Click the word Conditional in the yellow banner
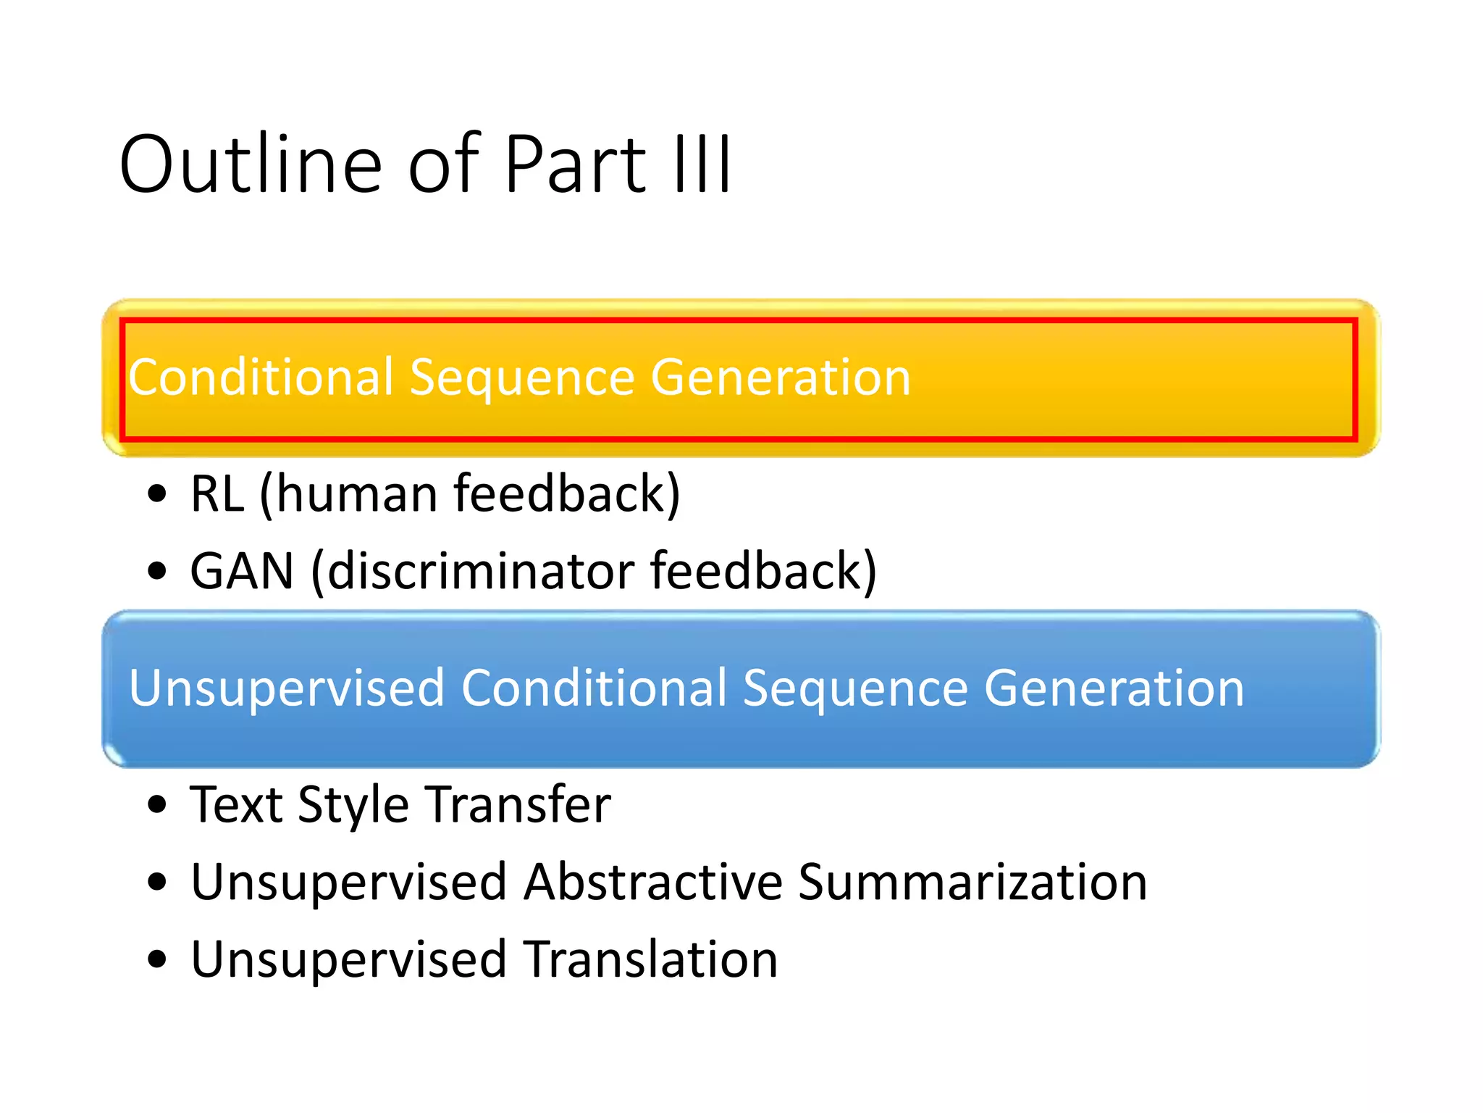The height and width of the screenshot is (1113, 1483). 261,378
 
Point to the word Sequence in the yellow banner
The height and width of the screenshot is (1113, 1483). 521,379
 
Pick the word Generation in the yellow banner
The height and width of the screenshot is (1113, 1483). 780,378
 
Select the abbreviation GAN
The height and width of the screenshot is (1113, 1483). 242,572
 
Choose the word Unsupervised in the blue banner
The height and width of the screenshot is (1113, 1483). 286,688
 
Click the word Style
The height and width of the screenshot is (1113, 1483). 353,806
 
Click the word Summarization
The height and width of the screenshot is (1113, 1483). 972,883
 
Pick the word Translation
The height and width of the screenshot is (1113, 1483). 650,960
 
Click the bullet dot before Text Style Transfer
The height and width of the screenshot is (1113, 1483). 156,805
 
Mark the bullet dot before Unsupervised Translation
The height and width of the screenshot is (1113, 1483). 156,960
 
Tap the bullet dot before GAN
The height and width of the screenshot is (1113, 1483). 156,571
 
